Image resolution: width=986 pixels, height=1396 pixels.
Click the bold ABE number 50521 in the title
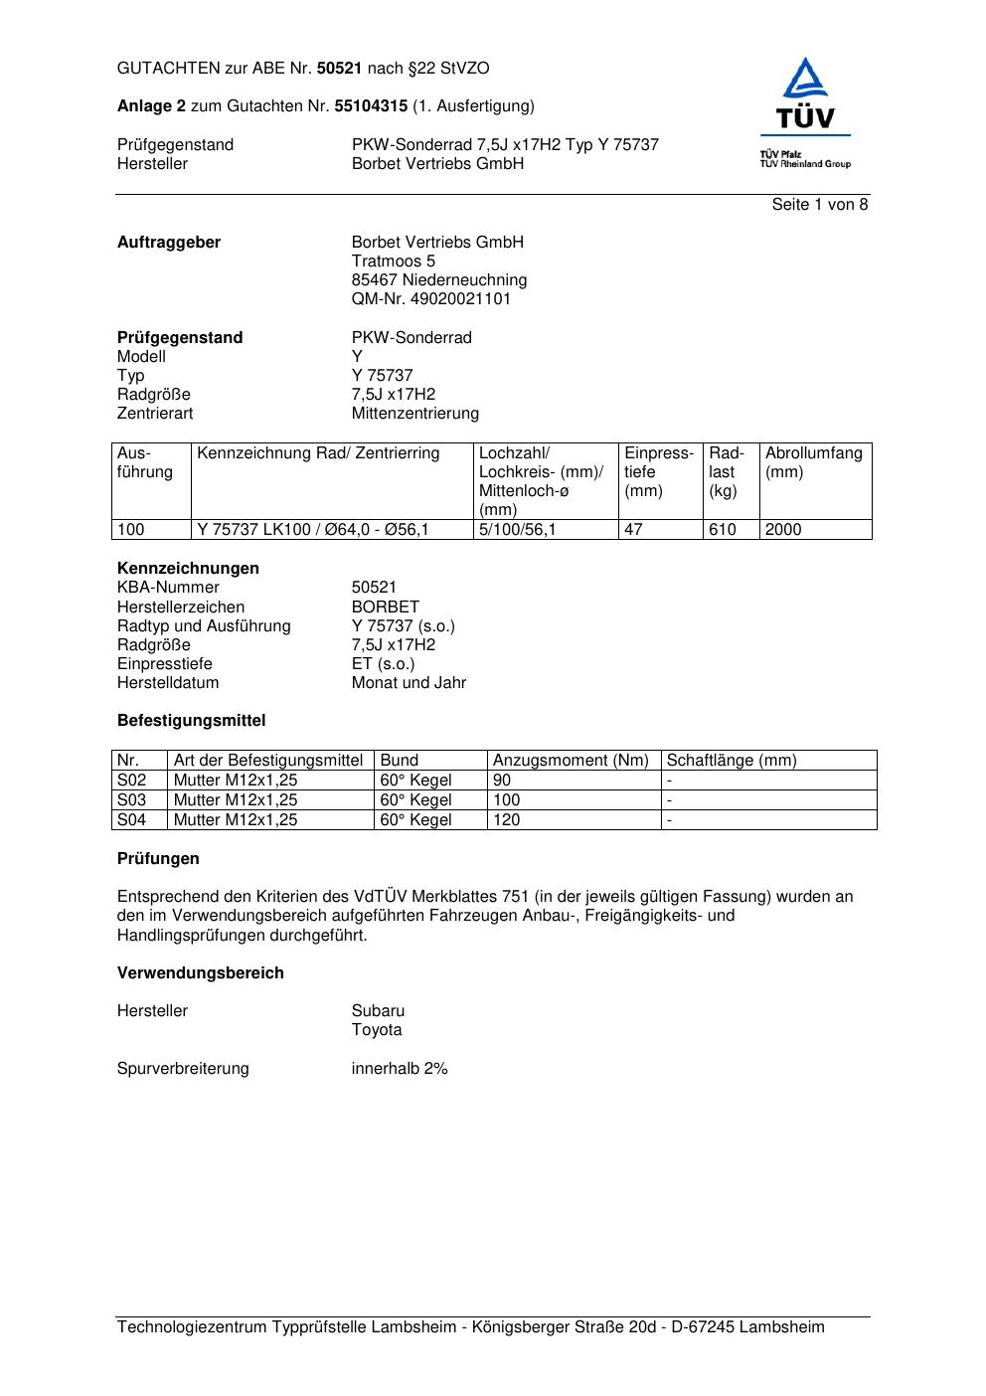coord(340,69)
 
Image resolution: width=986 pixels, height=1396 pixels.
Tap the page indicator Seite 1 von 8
coord(820,205)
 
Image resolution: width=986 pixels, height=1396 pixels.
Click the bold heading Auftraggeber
coord(169,243)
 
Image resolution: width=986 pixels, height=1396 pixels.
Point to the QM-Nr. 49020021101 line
coord(431,299)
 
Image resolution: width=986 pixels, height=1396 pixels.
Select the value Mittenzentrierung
coord(414,414)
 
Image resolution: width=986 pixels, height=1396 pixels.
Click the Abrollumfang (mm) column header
coord(813,462)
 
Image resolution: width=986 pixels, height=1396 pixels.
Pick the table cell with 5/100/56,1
coord(518,530)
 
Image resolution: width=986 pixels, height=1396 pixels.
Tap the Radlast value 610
coord(723,530)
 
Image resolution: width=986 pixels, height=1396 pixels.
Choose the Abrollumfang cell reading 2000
coord(783,530)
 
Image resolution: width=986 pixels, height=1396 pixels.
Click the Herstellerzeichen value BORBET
coord(386,608)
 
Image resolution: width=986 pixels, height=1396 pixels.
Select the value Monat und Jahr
coord(409,683)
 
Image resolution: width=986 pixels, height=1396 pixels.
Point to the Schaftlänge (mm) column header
coord(732,761)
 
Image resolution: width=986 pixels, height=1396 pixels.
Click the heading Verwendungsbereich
coord(201,973)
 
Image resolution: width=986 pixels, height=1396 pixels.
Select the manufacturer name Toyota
coord(377,1030)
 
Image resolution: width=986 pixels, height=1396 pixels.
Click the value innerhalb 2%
coord(400,1069)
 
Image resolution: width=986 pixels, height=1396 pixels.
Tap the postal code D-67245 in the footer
coord(703,1327)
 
